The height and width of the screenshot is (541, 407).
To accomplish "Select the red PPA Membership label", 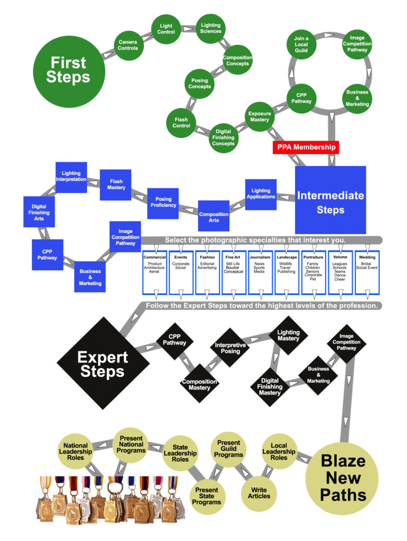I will (x=306, y=147).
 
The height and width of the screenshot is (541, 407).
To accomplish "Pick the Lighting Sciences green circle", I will (x=211, y=28).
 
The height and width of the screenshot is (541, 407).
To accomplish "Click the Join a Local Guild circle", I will (x=301, y=44).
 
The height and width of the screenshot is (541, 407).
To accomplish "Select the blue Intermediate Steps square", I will (x=331, y=200).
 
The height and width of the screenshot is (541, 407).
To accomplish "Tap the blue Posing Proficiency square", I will (x=163, y=202).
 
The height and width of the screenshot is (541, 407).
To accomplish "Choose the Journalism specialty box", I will (x=260, y=272).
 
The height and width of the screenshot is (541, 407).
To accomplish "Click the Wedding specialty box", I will (x=367, y=272).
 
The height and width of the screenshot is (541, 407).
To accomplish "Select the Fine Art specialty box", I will (x=234, y=272).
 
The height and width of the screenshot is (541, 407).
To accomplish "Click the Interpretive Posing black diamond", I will (x=230, y=348).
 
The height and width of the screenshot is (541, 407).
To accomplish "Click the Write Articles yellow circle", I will (x=259, y=493).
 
